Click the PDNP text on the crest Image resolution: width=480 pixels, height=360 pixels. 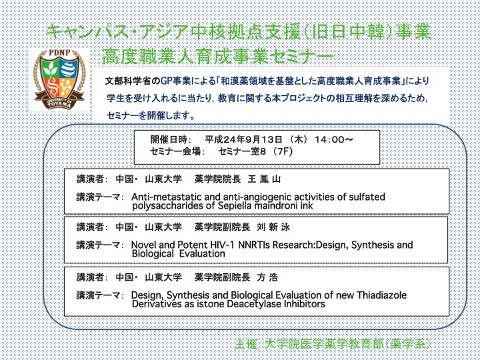59,53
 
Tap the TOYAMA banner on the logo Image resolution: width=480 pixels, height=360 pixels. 59,103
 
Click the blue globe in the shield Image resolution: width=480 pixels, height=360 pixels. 69,69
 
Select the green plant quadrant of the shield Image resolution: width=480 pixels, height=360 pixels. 50,69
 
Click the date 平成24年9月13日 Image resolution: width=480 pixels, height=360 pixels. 243,140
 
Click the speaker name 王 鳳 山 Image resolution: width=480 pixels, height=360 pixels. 264,179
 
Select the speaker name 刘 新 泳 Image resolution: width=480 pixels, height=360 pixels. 273,227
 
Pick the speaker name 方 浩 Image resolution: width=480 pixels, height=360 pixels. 267,277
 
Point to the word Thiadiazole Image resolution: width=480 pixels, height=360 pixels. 382,295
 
